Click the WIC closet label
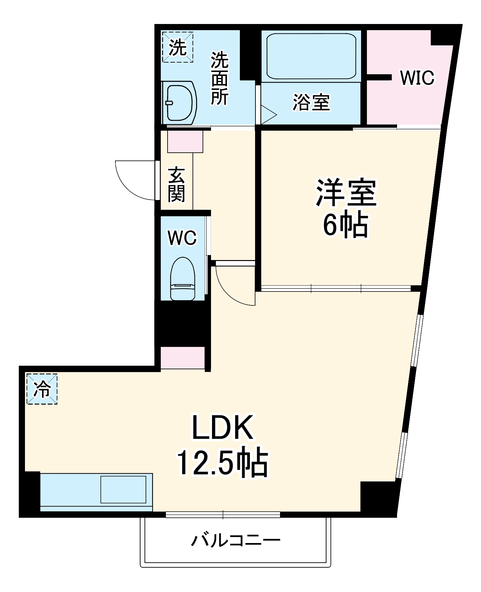[417, 78]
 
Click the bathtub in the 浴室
[311, 56]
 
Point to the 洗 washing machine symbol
[178, 47]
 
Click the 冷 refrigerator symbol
[42, 389]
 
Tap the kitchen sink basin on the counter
[123, 489]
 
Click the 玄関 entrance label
[176, 184]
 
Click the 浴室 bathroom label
[311, 102]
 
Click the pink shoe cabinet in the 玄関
[185, 141]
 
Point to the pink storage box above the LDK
[182, 358]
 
